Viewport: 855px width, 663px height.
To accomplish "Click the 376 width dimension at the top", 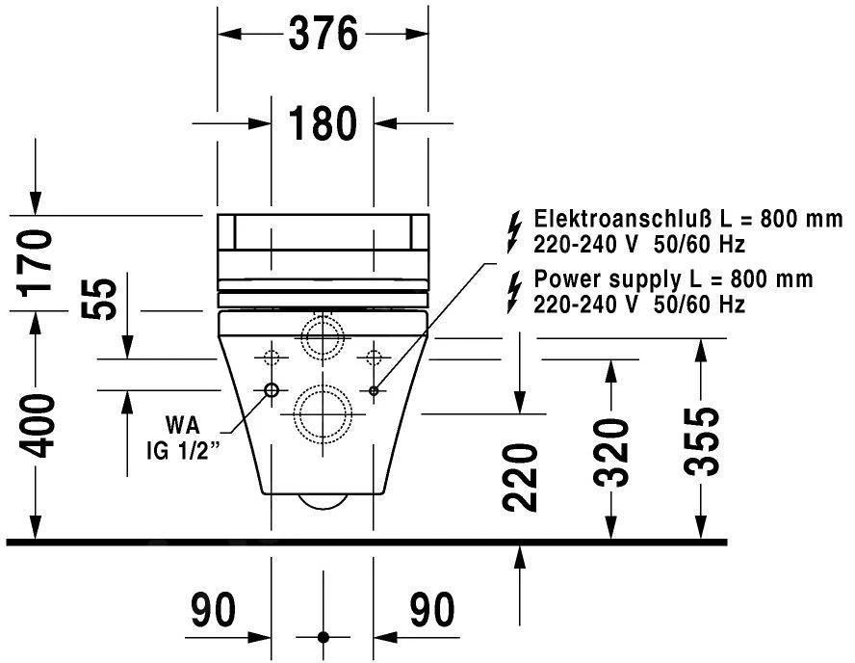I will click(323, 35).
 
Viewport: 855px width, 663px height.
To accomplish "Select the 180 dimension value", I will click(323, 123).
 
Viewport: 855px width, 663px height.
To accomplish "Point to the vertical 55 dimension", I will click(103, 299).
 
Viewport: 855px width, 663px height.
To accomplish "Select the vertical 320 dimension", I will click(610, 454).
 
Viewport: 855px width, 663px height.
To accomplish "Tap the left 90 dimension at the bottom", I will click(213, 610).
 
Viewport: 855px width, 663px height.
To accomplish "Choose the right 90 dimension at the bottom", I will click(432, 610).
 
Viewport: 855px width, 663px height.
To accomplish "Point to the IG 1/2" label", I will click(183, 449).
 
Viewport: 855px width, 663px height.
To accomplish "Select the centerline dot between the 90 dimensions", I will click(323, 637).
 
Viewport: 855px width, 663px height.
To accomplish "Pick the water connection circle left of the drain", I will click(271, 390).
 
